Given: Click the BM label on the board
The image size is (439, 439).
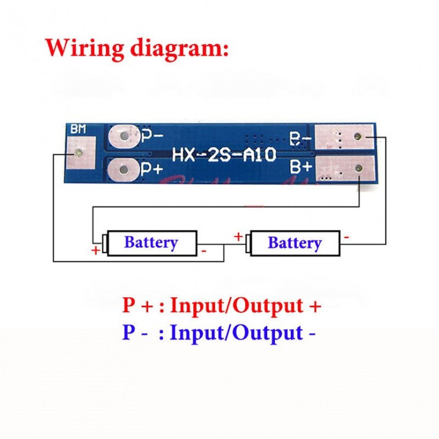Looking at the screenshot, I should (78, 129).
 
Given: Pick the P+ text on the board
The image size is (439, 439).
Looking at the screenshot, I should (152, 169).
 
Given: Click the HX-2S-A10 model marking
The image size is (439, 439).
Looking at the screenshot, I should (224, 155).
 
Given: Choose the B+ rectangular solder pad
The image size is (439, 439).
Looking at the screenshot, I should (345, 169).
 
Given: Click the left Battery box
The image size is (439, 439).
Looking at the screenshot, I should (151, 242).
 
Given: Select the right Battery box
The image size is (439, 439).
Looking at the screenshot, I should (294, 243).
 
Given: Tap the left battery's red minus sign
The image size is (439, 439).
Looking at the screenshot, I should (204, 251).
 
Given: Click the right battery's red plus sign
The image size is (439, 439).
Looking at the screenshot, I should (238, 237).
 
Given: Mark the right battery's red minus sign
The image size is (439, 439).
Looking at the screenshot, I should (347, 238).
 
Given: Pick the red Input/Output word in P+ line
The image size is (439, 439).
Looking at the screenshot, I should (236, 306).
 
